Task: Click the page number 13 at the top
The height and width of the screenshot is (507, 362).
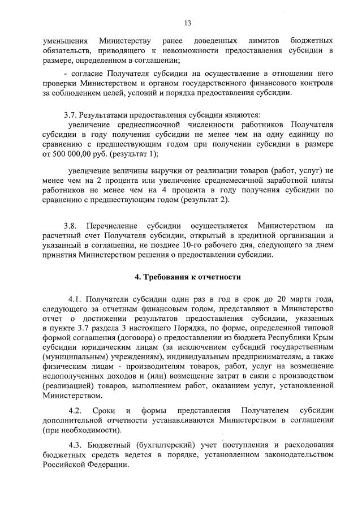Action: click(187, 23)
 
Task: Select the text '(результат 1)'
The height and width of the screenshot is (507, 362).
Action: click(135, 154)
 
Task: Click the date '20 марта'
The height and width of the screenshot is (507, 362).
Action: click(291, 299)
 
